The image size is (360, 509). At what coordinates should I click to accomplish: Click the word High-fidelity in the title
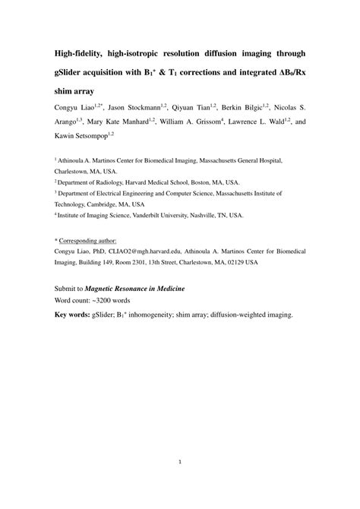point(83,54)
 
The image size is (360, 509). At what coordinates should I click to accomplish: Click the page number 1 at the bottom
point(179,460)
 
